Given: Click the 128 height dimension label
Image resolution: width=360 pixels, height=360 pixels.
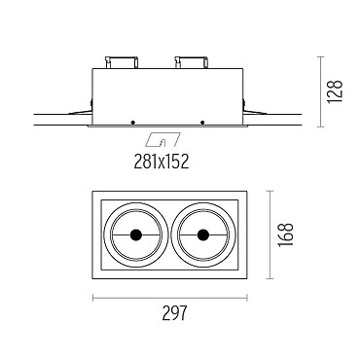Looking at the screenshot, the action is pos(335,91).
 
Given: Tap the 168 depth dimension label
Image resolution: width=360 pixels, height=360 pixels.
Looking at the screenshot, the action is pos(285,234).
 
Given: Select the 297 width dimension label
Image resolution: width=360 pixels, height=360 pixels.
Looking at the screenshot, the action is pos(175,313).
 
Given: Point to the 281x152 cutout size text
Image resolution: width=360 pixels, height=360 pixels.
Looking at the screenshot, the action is pos(162,162).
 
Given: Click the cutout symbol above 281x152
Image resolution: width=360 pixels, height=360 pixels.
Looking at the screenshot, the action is pos(162,139).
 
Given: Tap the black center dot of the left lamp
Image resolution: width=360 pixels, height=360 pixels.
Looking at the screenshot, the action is pos(135,234).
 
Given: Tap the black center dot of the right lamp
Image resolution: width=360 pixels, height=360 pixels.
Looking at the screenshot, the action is pos(203,234).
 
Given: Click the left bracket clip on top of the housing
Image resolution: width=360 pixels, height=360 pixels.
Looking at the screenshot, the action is pos(122,62).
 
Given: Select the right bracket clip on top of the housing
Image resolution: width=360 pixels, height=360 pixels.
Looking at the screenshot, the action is pos(192,62).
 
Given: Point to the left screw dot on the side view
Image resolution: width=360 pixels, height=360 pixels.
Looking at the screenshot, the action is pos(132,123).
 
